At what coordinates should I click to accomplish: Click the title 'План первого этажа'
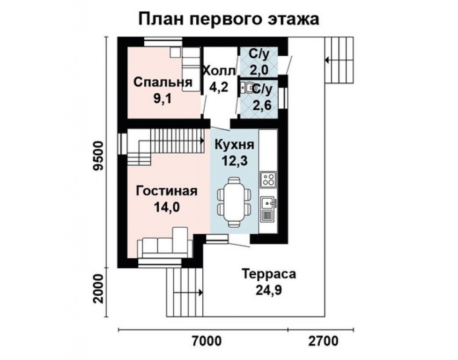point(229,19)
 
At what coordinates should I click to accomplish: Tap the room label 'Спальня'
point(163,82)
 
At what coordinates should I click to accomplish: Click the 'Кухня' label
point(234,144)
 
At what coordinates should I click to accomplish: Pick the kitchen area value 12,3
point(234,160)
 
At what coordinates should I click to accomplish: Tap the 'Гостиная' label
point(167,191)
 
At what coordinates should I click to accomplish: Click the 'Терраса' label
point(268,274)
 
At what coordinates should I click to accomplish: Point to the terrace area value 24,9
point(268,291)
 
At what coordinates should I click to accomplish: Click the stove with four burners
point(268,179)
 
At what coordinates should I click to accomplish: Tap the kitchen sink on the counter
point(267,203)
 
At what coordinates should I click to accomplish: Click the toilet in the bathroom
point(248,88)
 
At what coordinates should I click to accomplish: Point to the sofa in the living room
point(164,246)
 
